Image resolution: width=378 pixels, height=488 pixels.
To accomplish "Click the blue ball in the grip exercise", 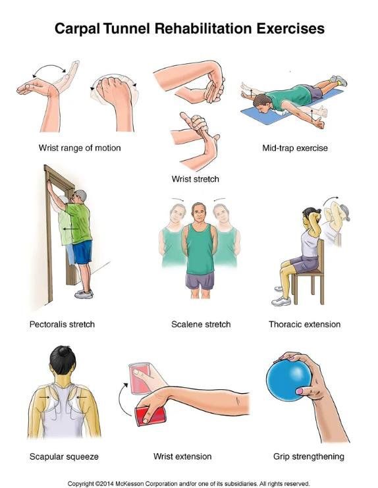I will [x=290, y=386].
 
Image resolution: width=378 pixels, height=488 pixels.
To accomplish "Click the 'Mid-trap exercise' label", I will [x=294, y=148].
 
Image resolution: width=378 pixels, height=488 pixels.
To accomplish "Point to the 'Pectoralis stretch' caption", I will [x=63, y=324].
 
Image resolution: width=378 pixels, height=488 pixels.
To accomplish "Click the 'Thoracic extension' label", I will [x=304, y=324].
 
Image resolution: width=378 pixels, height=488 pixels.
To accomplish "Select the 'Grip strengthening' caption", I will [x=309, y=456].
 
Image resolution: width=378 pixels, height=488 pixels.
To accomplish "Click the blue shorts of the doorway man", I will [x=82, y=252].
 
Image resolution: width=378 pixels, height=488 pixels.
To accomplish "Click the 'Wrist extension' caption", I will [x=182, y=456].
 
